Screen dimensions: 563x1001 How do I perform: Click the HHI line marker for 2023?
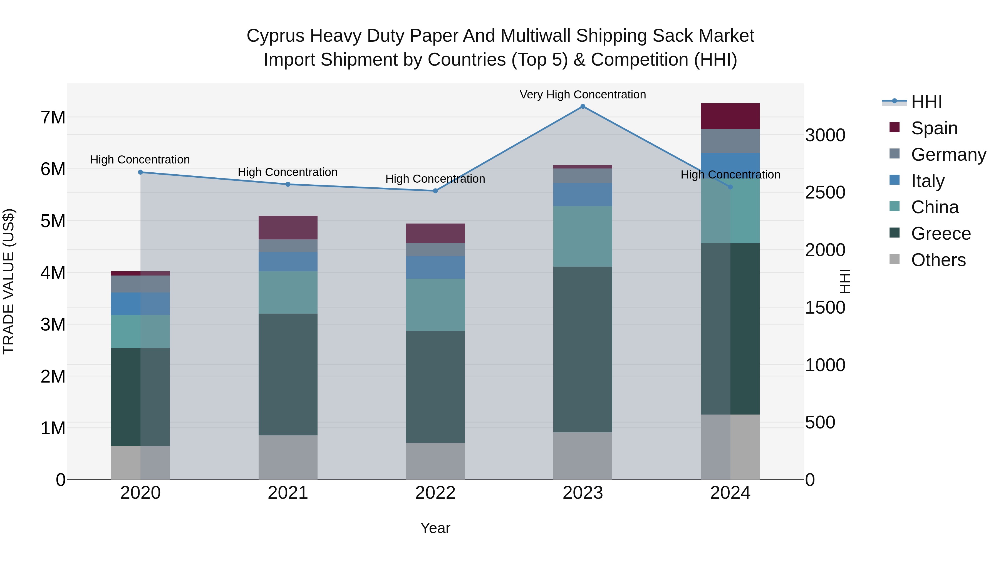[583, 106]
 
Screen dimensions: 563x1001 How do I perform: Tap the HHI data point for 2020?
[141, 172]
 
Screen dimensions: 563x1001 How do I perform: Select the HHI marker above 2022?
[435, 191]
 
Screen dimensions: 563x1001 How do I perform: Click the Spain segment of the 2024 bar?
[730, 116]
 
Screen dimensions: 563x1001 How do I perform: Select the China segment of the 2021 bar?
[288, 292]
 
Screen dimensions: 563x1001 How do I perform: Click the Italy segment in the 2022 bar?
[435, 267]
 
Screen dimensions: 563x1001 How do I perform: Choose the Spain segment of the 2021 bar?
[288, 227]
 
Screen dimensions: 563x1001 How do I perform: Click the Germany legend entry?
[948, 155]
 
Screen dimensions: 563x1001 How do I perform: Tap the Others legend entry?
[938, 260]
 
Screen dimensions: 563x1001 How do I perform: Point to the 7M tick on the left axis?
[53, 117]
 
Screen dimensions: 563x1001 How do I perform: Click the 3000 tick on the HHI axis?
[825, 135]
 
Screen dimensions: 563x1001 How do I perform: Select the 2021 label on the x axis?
[288, 493]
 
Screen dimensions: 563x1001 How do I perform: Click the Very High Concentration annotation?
[583, 95]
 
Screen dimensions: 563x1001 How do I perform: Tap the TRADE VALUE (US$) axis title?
[9, 281]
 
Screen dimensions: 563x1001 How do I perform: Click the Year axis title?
[435, 528]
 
